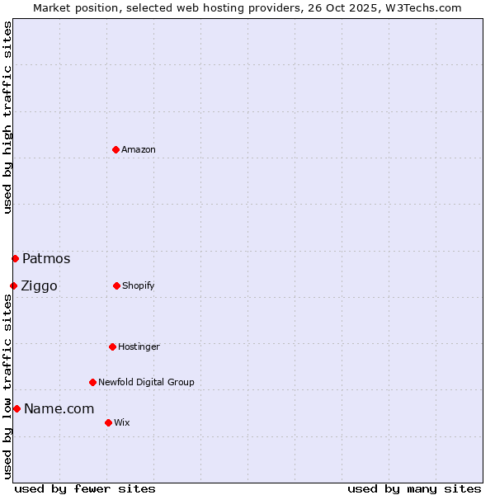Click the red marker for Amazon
tap(115, 149)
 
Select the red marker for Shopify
tap(116, 285)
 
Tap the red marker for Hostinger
tap(112, 346)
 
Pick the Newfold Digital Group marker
tap(92, 382)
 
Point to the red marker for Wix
tap(108, 422)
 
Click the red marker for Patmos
tap(15, 258)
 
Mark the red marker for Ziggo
tap(13, 285)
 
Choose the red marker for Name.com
tap(16, 408)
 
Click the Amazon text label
tap(139, 149)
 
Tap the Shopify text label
tap(139, 285)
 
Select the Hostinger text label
tap(139, 346)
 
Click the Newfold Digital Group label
tap(146, 382)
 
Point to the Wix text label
tap(122, 422)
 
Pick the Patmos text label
tap(46, 258)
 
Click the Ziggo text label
tap(39, 285)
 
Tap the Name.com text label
tap(59, 408)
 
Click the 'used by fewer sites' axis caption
tap(85, 488)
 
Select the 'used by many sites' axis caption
tap(414, 488)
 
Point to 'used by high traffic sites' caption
tap(7, 117)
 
